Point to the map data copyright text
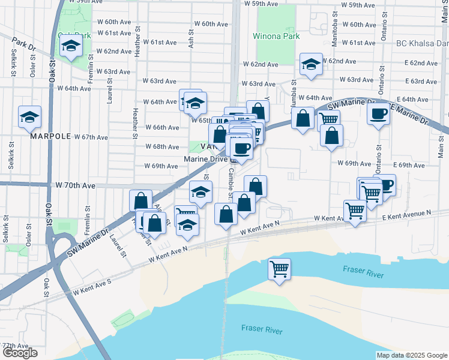pyautogui.click(x=411, y=355)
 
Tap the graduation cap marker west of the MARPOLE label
pyautogui.click(x=29, y=117)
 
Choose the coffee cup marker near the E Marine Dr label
pyautogui.click(x=378, y=113)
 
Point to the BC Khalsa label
pyautogui.click(x=422, y=43)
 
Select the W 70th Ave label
pyautogui.click(x=76, y=187)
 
